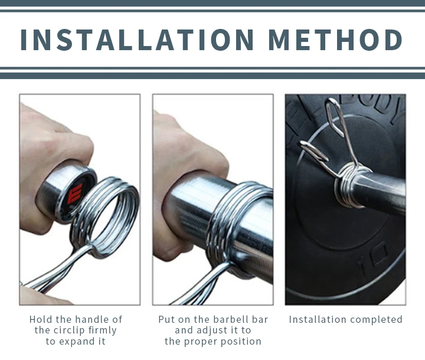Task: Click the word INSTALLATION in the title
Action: tap(137, 40)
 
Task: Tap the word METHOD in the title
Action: tap(335, 40)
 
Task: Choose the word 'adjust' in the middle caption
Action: tap(212, 330)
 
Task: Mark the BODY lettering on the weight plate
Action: tap(380, 104)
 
